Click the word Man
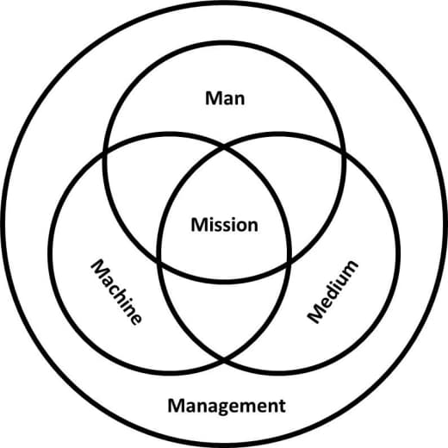pos(225,98)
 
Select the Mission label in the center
pos(224,225)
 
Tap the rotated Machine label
pos(116,292)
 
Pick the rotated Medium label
pos(333,292)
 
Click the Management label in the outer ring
pos(227,406)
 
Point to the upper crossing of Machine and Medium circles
pos(224,148)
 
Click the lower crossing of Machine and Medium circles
pos(224,358)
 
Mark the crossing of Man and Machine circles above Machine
pos(105,152)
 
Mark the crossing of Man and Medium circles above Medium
pos(343,152)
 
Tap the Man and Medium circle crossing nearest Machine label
pos(159,261)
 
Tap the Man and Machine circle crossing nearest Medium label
pos(289,261)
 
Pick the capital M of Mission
pos(200,225)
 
